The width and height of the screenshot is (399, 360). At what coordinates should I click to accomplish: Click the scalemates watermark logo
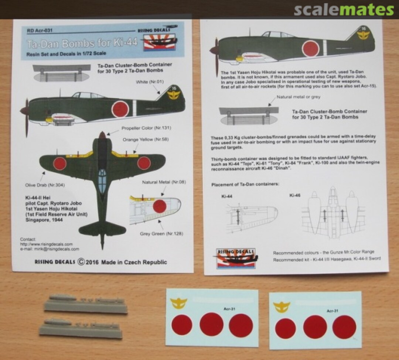344,10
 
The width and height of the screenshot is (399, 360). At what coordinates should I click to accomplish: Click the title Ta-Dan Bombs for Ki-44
82,44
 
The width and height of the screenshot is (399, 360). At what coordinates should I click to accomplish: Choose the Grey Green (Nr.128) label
161,234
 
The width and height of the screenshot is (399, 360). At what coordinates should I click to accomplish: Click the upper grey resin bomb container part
85,305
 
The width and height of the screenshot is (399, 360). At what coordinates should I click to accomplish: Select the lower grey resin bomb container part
81,330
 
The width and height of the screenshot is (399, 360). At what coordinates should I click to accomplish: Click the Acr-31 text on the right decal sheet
332,311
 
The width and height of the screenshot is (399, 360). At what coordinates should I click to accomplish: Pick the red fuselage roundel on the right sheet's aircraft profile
311,49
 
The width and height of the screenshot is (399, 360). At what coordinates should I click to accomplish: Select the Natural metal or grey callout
299,97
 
